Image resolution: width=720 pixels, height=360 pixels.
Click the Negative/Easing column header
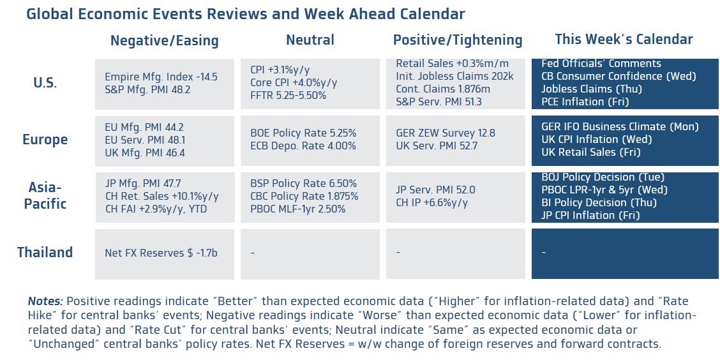(x=165, y=41)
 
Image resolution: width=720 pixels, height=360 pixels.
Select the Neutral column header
(x=310, y=40)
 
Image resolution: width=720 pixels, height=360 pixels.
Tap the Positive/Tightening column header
(x=458, y=40)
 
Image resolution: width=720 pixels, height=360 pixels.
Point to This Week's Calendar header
(x=624, y=40)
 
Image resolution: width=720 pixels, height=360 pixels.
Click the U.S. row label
(x=45, y=83)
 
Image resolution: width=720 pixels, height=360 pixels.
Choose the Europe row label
(x=45, y=140)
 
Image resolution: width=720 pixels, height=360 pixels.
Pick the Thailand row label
(x=45, y=252)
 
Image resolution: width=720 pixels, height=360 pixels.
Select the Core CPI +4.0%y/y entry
(x=294, y=82)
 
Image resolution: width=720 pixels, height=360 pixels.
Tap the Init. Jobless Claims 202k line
(x=454, y=76)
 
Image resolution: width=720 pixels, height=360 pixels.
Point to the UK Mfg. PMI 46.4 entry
(x=145, y=153)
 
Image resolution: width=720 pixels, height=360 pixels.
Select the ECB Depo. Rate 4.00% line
(x=303, y=146)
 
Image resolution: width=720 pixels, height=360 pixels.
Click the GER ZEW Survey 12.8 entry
(x=446, y=133)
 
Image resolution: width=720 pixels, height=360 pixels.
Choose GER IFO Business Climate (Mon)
(x=620, y=126)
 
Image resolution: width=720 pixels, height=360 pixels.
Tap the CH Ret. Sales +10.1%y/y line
(x=161, y=197)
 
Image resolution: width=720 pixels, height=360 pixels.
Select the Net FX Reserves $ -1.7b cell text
(x=161, y=253)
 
